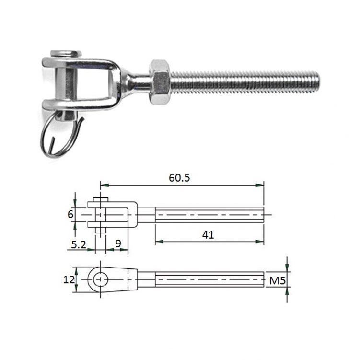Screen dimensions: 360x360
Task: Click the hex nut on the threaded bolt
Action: (x=160, y=82)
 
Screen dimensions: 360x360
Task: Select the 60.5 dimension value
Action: (x=179, y=178)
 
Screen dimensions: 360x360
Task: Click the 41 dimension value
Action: (x=208, y=235)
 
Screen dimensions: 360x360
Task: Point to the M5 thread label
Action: (x=278, y=280)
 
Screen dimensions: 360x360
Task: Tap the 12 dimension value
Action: (x=69, y=280)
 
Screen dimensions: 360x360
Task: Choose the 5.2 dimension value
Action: (x=78, y=245)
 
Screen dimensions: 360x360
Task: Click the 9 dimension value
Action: (x=118, y=244)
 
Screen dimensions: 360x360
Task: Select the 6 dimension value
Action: (x=70, y=215)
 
